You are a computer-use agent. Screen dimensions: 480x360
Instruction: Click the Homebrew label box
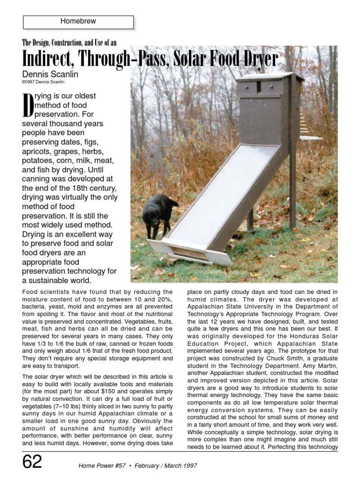point(78,22)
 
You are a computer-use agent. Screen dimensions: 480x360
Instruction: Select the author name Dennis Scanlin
point(50,74)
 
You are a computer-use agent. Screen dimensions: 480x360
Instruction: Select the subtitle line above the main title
point(69,43)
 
